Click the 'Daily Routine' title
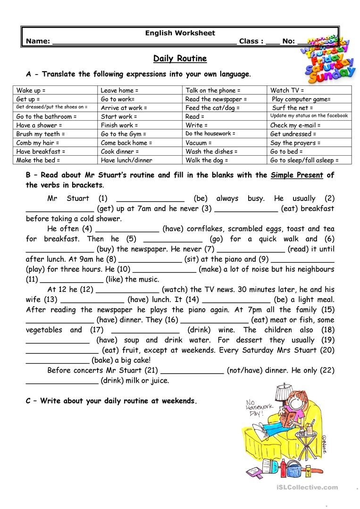(x=180, y=59)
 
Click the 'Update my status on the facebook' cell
(x=309, y=116)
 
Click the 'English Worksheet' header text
(x=180, y=33)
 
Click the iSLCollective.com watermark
(x=311, y=487)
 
